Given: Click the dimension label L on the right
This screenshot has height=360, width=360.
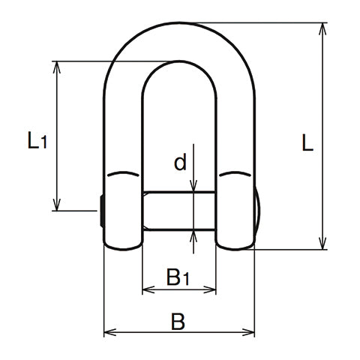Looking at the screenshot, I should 307,143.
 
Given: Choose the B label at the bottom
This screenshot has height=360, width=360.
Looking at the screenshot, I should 178,322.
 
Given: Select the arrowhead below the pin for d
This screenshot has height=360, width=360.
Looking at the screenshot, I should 193,235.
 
